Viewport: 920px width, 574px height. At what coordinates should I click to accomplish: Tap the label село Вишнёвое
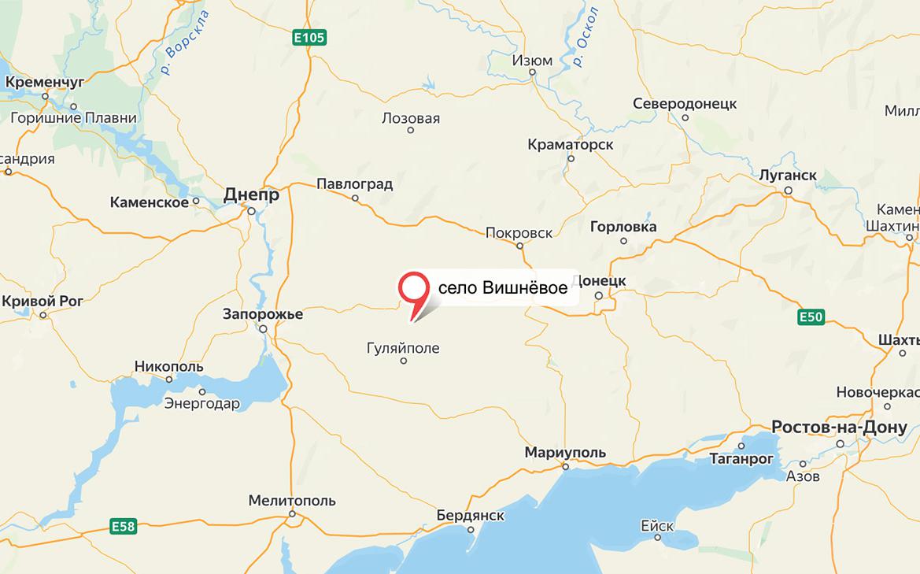point(502,288)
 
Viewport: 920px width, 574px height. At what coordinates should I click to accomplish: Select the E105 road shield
point(309,37)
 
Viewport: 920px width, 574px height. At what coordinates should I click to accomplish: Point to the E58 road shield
point(123,525)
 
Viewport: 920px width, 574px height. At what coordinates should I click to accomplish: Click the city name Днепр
point(251,194)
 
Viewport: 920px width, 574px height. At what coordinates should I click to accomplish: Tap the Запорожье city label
point(263,314)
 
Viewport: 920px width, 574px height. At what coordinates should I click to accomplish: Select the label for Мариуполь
point(565,452)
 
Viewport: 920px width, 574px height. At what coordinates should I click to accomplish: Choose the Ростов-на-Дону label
point(839,427)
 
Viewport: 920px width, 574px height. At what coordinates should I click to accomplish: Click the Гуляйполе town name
point(403,348)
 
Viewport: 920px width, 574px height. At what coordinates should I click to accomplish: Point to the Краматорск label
point(571,145)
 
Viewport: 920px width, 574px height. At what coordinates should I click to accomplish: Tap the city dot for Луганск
point(789,191)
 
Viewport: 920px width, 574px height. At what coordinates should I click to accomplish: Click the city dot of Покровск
point(519,246)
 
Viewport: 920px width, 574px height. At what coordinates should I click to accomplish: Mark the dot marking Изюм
point(533,72)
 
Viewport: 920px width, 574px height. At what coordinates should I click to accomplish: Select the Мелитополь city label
point(291,500)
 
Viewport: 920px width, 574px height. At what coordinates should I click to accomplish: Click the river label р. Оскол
point(586,37)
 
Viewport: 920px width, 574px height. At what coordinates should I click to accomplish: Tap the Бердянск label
point(470,515)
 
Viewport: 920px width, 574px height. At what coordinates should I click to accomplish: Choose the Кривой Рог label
point(42,301)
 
